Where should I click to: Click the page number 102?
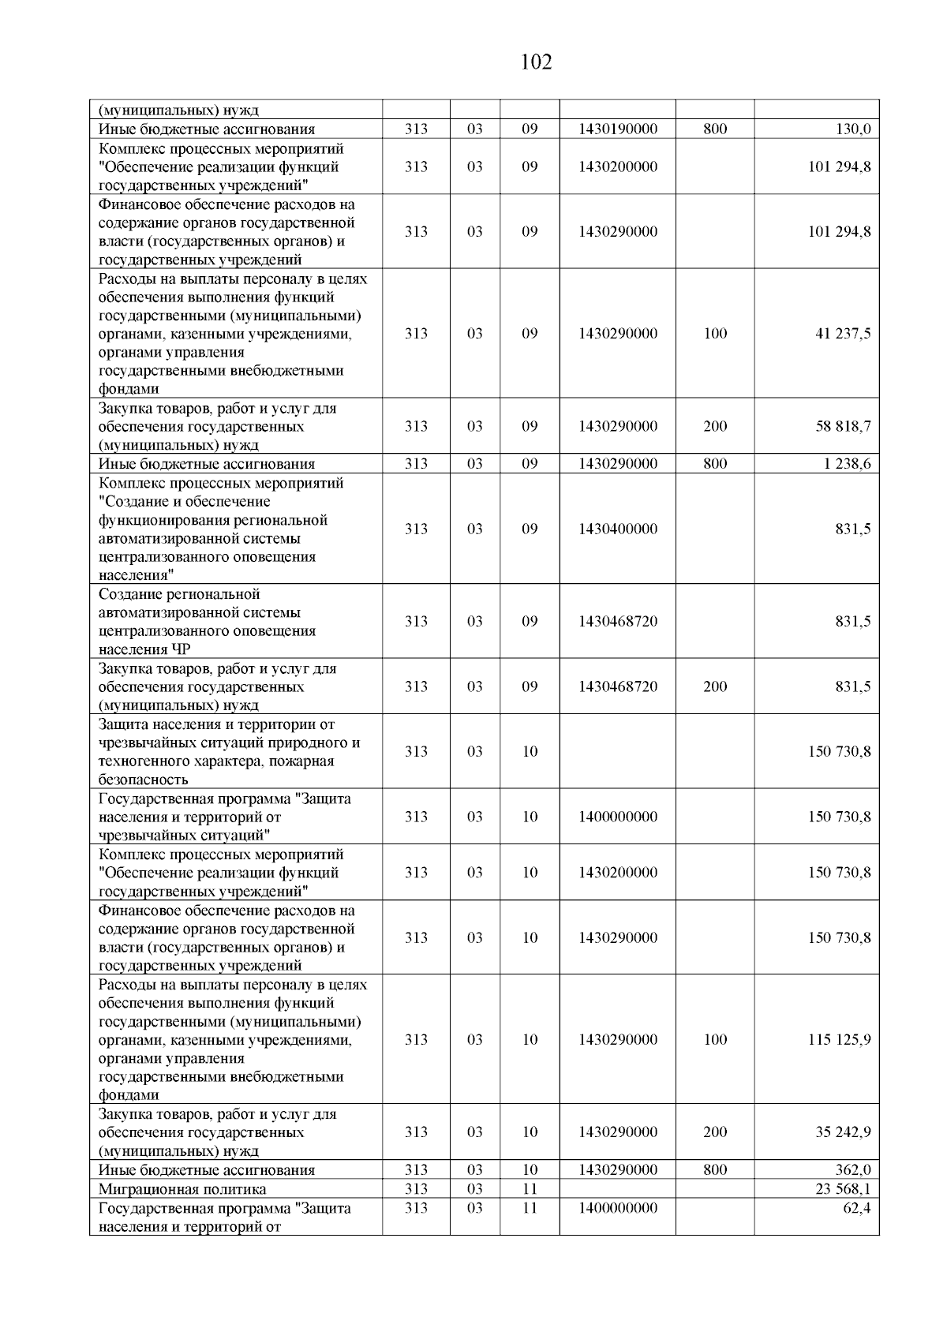pos(537,62)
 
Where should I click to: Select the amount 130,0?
pos(853,129)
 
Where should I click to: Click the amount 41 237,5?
pos(843,334)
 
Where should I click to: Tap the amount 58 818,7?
pos(843,427)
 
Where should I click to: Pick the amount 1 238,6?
pos(848,464)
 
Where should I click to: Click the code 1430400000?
pos(617,529)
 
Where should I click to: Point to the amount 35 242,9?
pos(843,1132)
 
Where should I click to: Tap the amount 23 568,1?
pos(843,1189)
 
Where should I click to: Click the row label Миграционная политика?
pos(182,1189)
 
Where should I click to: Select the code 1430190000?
pos(617,129)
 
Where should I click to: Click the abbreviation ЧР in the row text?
pos(181,649)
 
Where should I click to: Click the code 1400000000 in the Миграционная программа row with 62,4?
pos(617,1208)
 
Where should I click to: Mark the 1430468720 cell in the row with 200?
pos(617,686)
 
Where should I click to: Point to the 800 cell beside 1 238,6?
pos(714,464)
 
